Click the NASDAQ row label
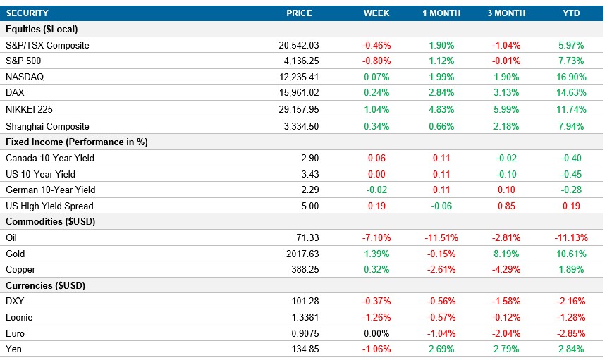pyautogui.click(x=25, y=77)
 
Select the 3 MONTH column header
pyautogui.click(x=505, y=13)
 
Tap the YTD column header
pyautogui.click(x=571, y=13)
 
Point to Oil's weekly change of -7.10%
pyautogui.click(x=376, y=238)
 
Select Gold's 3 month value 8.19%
pyautogui.click(x=505, y=254)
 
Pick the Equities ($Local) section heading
pyautogui.click(x=42, y=29)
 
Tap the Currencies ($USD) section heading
pyautogui.click(x=44, y=285)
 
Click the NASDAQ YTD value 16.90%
pyautogui.click(x=571, y=77)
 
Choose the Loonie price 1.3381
pyautogui.click(x=305, y=317)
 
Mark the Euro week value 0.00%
pyautogui.click(x=376, y=333)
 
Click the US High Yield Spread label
pyautogui.click(x=49, y=206)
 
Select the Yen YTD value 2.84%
pyautogui.click(x=571, y=349)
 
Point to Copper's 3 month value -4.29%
pyautogui.click(x=505, y=270)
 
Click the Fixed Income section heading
pyautogui.click(x=76, y=142)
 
